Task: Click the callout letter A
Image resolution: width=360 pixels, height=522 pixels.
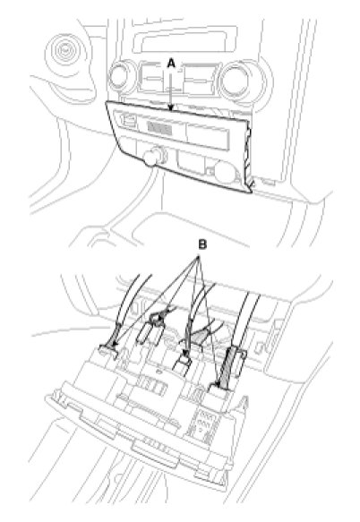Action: tap(171, 63)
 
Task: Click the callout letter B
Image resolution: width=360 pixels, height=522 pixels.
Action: tap(202, 244)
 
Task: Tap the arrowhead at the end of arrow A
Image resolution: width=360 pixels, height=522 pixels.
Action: tap(171, 107)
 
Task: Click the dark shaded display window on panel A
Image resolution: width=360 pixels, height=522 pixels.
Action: tap(160, 128)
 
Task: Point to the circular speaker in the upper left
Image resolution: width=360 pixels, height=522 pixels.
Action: tap(64, 52)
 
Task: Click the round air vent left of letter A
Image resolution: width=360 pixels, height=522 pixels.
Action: tap(122, 76)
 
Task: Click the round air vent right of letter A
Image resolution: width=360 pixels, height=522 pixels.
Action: tap(236, 80)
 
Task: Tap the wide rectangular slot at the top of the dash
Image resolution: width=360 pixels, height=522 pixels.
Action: tap(184, 41)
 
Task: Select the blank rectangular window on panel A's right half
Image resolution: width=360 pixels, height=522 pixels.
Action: tap(208, 134)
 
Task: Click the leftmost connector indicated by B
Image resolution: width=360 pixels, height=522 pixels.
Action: tap(108, 352)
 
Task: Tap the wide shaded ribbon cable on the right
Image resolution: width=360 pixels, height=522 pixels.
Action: tap(231, 367)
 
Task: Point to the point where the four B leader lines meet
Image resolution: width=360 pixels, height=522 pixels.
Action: tap(199, 256)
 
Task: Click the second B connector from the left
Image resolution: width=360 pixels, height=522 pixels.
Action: tap(157, 320)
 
